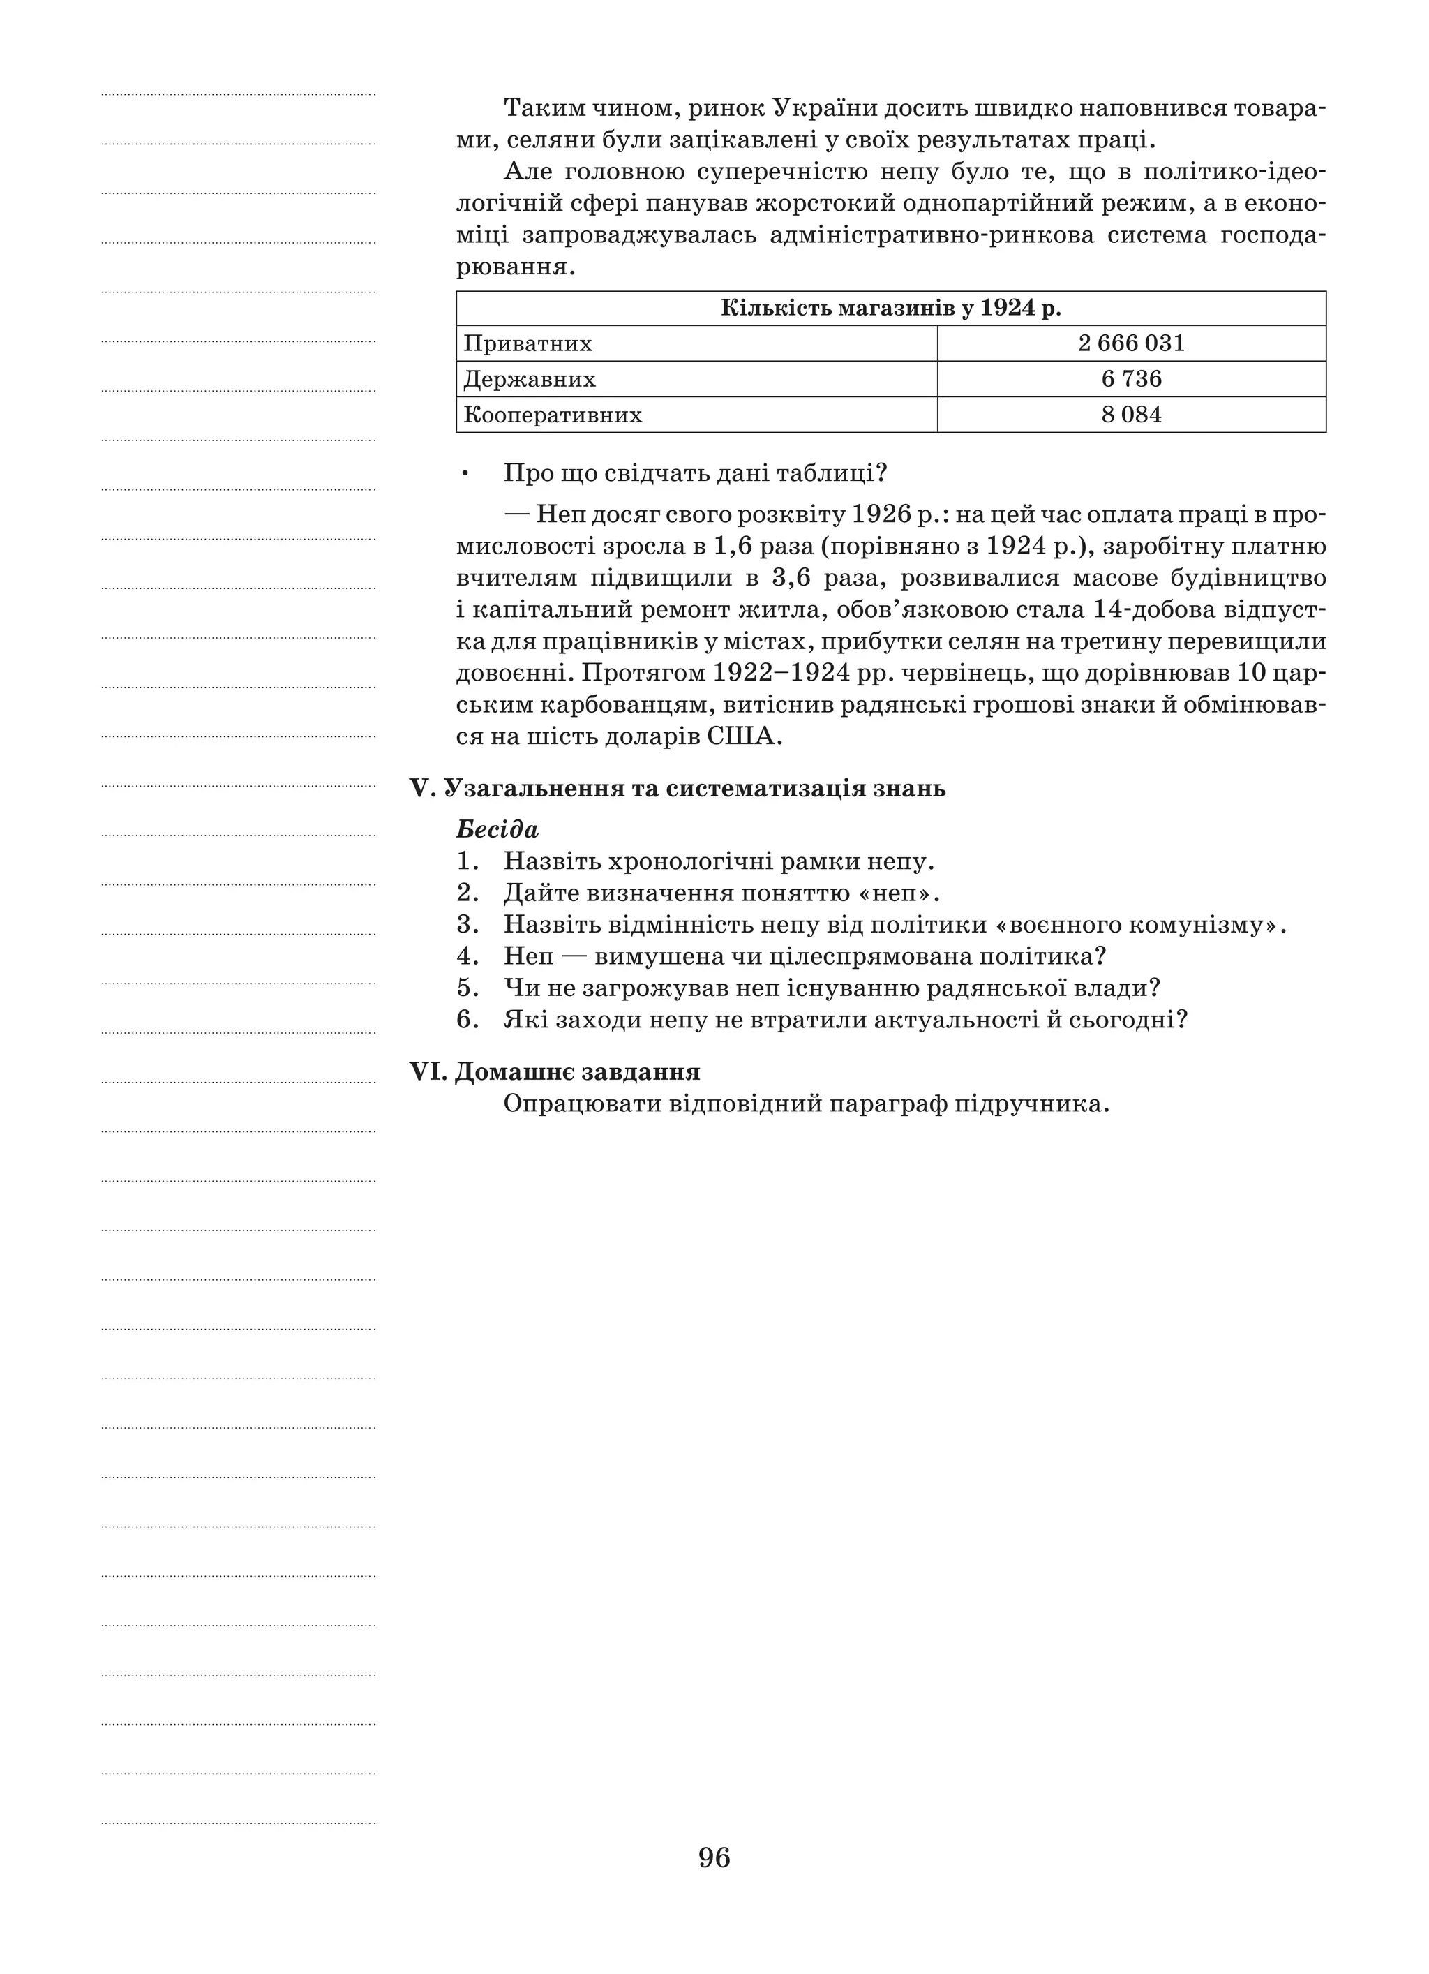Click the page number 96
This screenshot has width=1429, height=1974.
tap(714, 1857)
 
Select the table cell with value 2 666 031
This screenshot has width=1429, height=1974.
tap(1130, 343)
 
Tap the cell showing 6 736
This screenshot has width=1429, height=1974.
tap(1130, 378)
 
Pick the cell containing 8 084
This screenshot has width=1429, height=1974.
tap(1130, 415)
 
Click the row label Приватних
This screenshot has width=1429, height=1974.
tap(528, 343)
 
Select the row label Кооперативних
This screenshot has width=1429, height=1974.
tap(553, 415)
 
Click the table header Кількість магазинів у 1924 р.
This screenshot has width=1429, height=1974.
tap(890, 308)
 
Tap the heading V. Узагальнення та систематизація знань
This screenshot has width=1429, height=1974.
tap(677, 789)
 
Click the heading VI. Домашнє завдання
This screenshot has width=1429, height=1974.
tap(555, 1071)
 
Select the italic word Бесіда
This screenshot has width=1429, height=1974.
tap(497, 829)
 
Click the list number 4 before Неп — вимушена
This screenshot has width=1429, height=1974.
tap(467, 956)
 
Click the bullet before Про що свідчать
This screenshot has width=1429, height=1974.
tap(467, 473)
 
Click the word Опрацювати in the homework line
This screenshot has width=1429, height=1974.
tap(581, 1104)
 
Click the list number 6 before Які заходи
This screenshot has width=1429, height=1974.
tap(467, 1019)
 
